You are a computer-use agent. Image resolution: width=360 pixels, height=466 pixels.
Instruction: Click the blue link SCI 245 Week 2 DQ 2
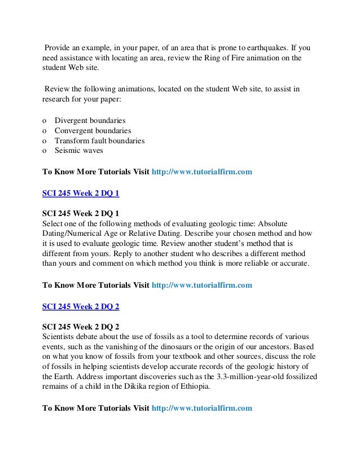click(x=81, y=306)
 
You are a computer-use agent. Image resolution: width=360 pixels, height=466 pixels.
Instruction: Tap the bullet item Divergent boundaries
click(x=90, y=121)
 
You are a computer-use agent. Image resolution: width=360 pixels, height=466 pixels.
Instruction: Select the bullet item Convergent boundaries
click(x=93, y=130)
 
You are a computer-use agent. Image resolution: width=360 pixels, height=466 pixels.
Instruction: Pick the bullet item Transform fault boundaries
click(x=99, y=140)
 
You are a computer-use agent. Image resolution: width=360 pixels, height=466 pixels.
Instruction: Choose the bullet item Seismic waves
click(x=79, y=151)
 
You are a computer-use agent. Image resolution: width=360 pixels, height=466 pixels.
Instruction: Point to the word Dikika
click(x=139, y=388)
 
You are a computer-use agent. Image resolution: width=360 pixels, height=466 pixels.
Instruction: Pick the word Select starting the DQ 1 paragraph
click(x=54, y=224)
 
